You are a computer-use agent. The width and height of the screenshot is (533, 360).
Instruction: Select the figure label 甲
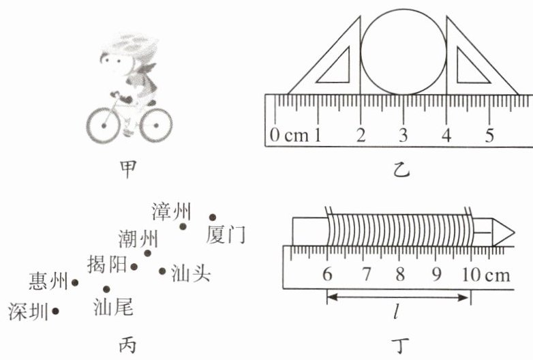click(127, 166)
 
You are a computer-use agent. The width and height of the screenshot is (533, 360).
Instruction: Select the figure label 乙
click(403, 167)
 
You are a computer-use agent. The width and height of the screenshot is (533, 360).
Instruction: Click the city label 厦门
click(225, 236)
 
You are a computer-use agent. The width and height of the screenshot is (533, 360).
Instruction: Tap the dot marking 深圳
click(56, 311)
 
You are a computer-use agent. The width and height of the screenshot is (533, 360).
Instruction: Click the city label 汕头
click(190, 272)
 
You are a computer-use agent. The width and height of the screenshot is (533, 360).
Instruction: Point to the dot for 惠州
click(75, 282)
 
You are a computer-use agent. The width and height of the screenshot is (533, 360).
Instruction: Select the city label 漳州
click(172, 212)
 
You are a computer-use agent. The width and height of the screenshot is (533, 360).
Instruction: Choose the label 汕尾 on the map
click(112, 307)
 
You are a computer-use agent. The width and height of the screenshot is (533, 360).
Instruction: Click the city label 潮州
click(138, 239)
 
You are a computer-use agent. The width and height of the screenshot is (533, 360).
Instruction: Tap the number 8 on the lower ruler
click(400, 275)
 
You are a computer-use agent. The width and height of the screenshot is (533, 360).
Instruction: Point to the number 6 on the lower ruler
click(327, 275)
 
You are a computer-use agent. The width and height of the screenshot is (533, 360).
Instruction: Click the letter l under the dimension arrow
click(396, 314)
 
